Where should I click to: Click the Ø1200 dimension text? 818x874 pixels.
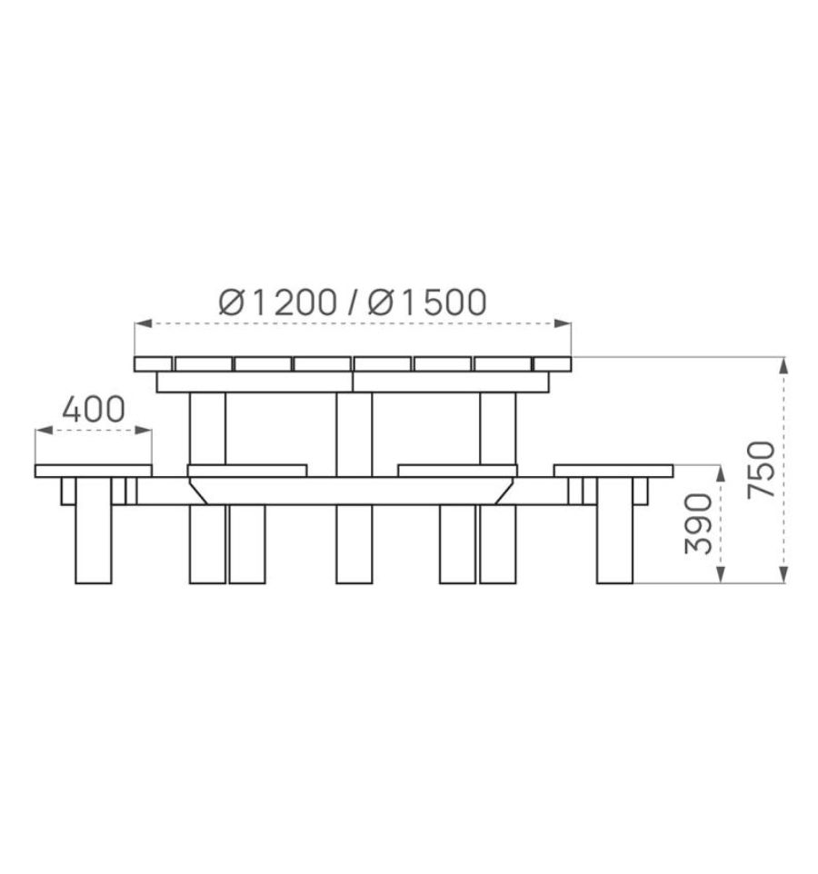pos(278,303)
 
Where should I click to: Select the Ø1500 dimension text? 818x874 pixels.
pos(426,303)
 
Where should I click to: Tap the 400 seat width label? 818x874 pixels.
pos(94,410)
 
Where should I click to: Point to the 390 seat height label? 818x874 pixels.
pos(699,524)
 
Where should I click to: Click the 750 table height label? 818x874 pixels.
pos(761,470)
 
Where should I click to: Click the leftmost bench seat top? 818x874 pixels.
pos(93,471)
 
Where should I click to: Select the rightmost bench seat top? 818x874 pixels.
pos(613,471)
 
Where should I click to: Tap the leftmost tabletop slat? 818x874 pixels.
pos(153,364)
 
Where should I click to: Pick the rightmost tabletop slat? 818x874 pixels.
pos(552,364)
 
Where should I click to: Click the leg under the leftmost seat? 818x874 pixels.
pos(93,530)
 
